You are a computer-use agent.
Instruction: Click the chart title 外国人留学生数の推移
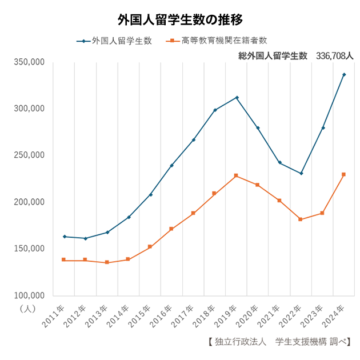point(180,19)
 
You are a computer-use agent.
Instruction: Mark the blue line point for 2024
point(343,74)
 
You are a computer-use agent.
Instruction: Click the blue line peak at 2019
point(237,98)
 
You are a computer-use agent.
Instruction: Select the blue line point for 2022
point(301,173)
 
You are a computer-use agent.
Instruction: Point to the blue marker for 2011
point(64,237)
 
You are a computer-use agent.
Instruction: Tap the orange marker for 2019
point(237,175)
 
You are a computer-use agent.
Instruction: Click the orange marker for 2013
point(107,262)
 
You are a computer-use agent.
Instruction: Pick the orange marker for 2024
point(343,174)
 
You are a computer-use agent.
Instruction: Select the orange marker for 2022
point(301,219)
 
